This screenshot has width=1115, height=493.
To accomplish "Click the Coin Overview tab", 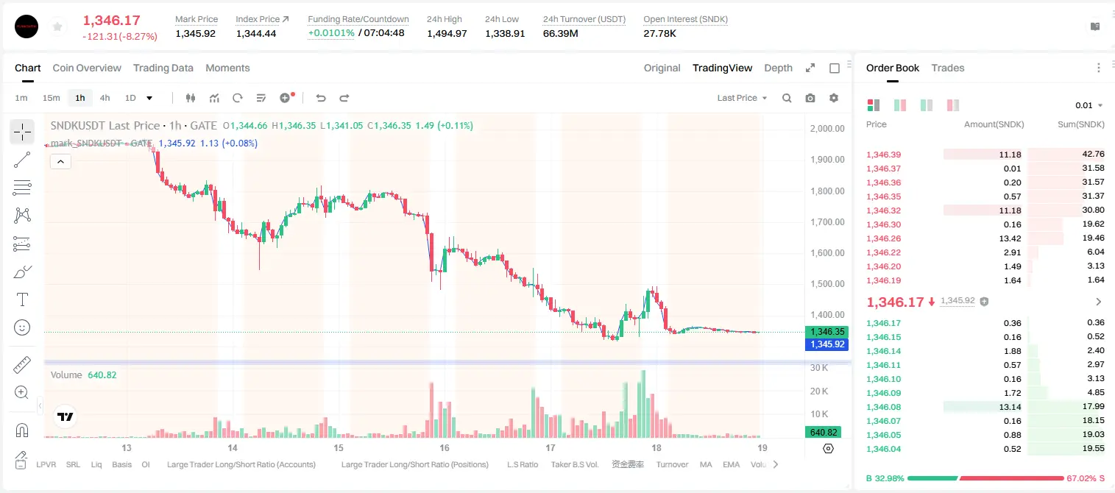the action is coord(87,68).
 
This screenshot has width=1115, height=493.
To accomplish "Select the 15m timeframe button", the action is coord(52,98).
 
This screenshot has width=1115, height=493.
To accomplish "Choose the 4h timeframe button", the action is coord(105,98).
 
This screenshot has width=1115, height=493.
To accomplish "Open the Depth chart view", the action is coord(778,68).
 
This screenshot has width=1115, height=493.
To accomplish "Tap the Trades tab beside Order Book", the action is coord(948,68).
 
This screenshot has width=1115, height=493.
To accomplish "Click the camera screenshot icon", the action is coord(810,98).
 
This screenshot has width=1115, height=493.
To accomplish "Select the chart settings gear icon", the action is coord(834,98).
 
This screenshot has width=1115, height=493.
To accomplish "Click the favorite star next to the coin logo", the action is coord(57,26).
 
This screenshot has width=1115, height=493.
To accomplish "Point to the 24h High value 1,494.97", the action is coord(447,33).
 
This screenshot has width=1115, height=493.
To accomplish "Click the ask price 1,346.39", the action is coord(884,155).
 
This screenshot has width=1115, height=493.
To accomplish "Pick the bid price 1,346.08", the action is coord(884,407).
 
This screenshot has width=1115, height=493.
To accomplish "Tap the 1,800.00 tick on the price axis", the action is coord(827,191).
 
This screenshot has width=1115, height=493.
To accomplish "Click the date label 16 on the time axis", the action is coord(444,447).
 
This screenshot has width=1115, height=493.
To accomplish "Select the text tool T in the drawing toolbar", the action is coord(22,299).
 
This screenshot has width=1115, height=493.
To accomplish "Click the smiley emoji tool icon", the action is coord(22,327).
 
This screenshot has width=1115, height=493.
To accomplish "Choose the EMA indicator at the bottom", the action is coord(731,464).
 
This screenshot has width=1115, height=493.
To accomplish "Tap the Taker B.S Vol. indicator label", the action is coord(574,464).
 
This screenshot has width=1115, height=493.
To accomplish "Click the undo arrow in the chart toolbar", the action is coord(321,98).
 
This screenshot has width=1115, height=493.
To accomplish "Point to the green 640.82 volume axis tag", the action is coord(824,433).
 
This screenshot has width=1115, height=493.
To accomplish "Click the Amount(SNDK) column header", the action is coord(994,124).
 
